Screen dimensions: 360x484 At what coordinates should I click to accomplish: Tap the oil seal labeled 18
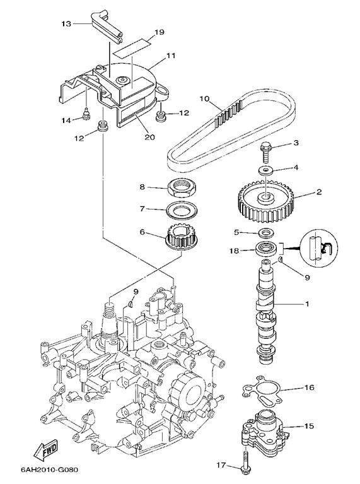(x=265, y=249)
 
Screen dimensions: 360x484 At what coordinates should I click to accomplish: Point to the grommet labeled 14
(x=87, y=115)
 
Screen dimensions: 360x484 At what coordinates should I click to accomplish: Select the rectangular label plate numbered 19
(x=132, y=46)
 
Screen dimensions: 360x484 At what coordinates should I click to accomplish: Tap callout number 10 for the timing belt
(x=204, y=99)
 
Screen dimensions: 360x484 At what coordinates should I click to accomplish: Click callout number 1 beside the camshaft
(x=306, y=304)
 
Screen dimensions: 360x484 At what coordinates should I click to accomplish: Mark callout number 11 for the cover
(x=171, y=56)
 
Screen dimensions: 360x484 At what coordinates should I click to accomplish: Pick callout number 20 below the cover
(x=150, y=137)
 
